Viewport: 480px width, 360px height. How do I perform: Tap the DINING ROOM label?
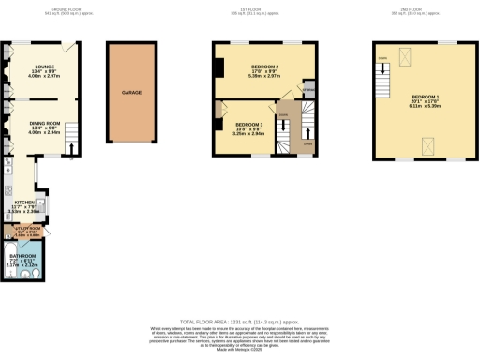pyautogui.click(x=44, y=123)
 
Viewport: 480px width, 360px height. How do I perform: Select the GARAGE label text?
pyautogui.click(x=131, y=94)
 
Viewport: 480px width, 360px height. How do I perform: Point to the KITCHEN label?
pyautogui.click(x=24, y=202)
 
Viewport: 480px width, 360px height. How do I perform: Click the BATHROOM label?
pyautogui.click(x=23, y=255)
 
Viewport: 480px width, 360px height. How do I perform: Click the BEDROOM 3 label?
pyautogui.click(x=248, y=125)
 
